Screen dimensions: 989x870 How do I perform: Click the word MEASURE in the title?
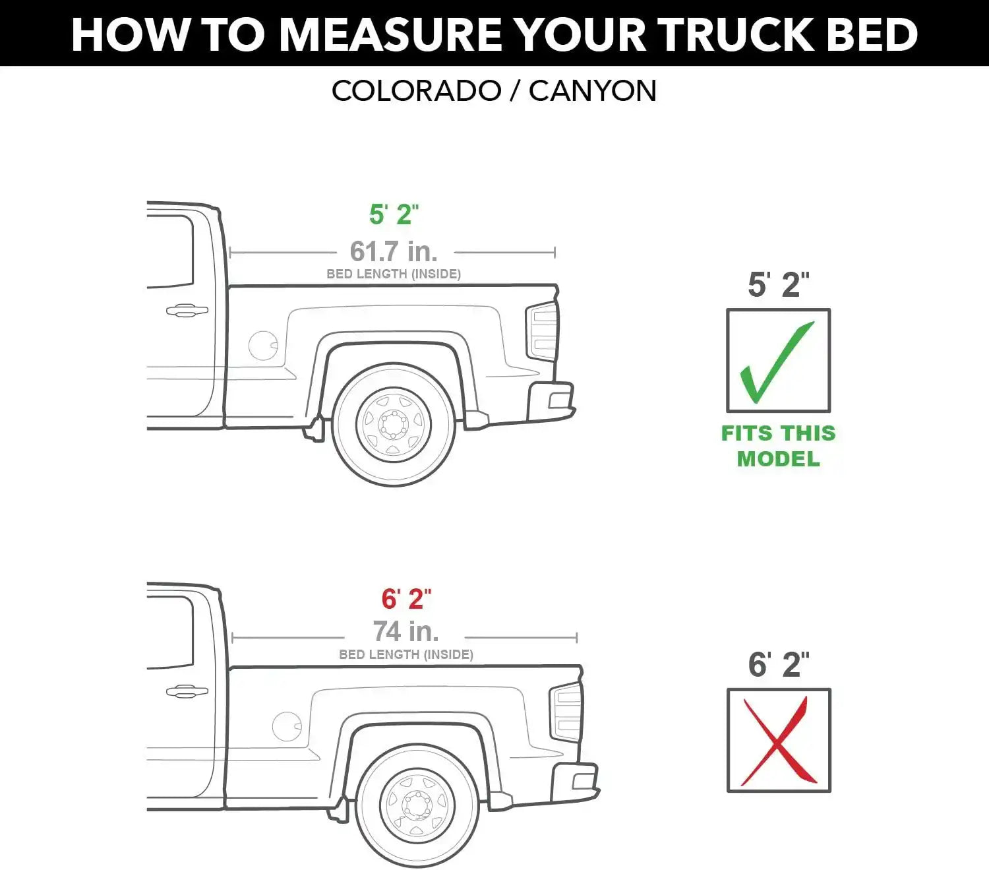click(390, 34)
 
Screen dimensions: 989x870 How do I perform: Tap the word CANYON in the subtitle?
click(593, 91)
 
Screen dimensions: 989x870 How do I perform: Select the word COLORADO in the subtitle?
click(417, 91)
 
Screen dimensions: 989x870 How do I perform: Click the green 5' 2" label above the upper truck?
click(394, 214)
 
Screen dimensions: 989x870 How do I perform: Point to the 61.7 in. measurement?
click(394, 251)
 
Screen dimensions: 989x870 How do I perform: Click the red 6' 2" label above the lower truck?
click(406, 599)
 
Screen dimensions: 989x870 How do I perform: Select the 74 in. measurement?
click(405, 632)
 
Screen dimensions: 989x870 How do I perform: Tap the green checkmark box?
click(778, 360)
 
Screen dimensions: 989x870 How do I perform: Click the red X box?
click(779, 740)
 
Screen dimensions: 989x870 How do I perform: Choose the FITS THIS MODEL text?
click(778, 446)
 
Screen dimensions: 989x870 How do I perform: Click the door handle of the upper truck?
click(187, 310)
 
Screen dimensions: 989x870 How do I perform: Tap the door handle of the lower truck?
click(187, 691)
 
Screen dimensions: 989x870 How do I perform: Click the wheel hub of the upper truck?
click(394, 424)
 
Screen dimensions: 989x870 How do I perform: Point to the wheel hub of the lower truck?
click(417, 805)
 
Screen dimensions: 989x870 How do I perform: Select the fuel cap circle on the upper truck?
click(263, 346)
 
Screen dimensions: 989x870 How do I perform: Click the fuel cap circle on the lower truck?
click(287, 726)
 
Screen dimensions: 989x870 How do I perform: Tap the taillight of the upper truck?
click(542, 331)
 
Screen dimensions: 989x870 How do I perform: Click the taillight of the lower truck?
click(566, 712)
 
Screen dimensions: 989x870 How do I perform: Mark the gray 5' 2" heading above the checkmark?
click(779, 284)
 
